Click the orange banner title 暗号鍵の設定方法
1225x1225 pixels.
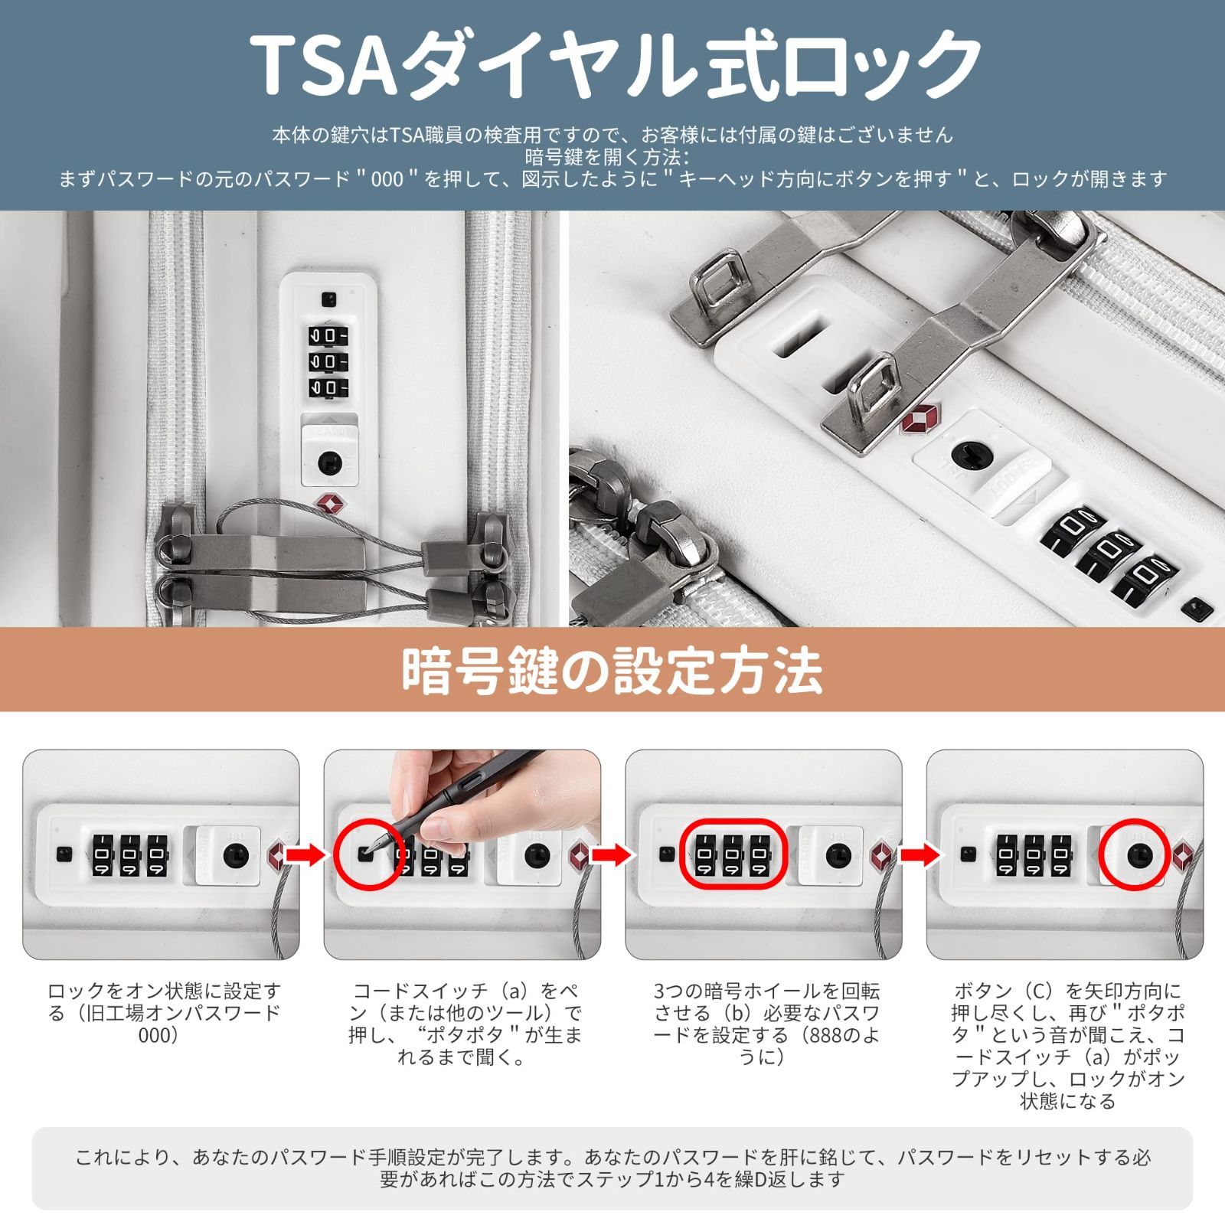[x=612, y=671]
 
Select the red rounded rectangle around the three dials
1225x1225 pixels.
[x=732, y=853]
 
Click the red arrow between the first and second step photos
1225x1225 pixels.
[x=309, y=854]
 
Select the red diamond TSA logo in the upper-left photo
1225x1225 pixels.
[x=328, y=504]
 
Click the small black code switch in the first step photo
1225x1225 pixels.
[x=64, y=852]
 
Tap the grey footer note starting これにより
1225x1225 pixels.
[x=612, y=1168]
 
